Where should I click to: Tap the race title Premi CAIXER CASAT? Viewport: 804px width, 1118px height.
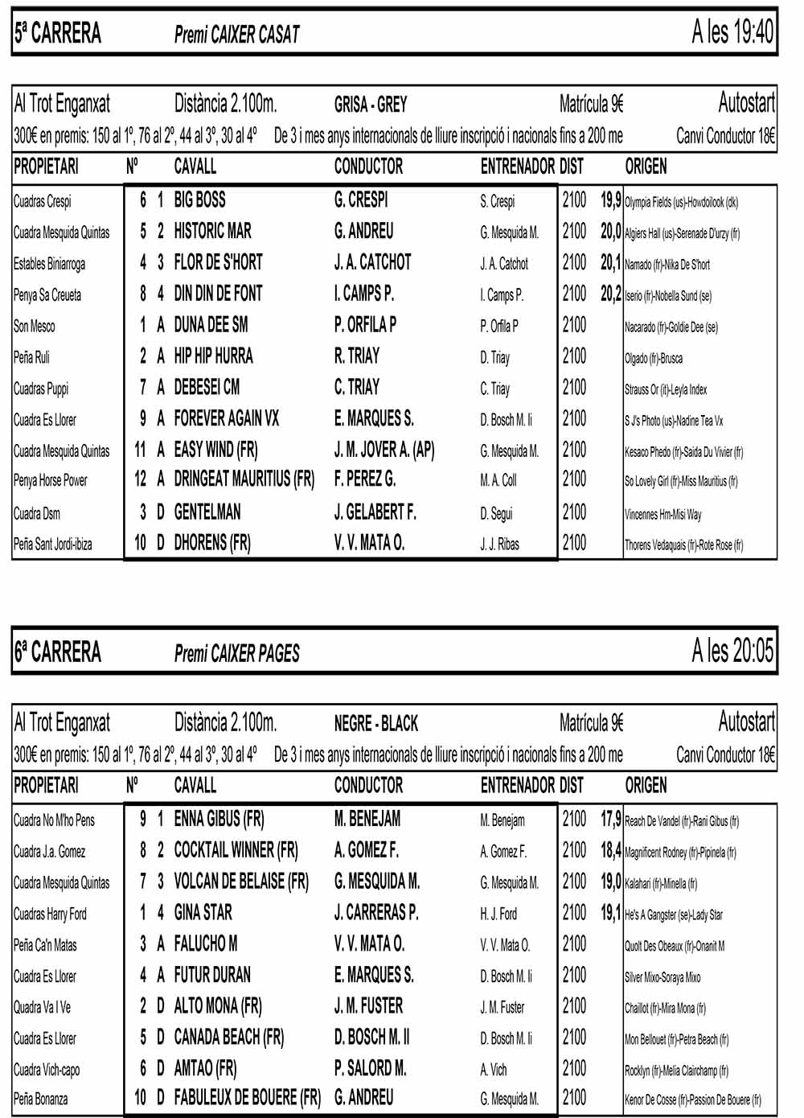point(236,34)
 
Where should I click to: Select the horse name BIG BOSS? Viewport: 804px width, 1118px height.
point(199,199)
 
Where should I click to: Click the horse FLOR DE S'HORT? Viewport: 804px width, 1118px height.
point(218,262)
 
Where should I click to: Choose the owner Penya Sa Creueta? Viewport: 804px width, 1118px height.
point(47,295)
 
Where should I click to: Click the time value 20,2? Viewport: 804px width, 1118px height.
point(610,294)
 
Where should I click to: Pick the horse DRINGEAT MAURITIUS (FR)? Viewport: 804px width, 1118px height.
point(244,479)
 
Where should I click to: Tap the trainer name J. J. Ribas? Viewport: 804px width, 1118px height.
point(499,545)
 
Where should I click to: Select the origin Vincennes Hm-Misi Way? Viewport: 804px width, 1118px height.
point(662,514)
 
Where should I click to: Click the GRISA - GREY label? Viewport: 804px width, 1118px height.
point(371,105)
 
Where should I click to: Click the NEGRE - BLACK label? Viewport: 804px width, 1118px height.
point(375,723)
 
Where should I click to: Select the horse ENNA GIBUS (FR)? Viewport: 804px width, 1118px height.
point(219,819)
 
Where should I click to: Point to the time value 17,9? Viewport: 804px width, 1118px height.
point(610,819)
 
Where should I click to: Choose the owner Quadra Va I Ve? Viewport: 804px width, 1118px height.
point(43,1007)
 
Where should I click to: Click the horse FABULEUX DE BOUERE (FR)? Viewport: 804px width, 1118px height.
point(247,1097)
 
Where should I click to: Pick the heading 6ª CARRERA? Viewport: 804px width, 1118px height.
point(57,651)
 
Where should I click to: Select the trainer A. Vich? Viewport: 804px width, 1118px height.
point(494,1070)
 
